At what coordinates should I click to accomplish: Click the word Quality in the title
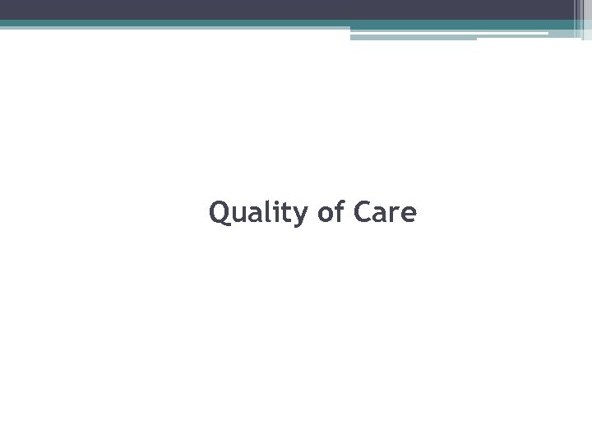point(257,213)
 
